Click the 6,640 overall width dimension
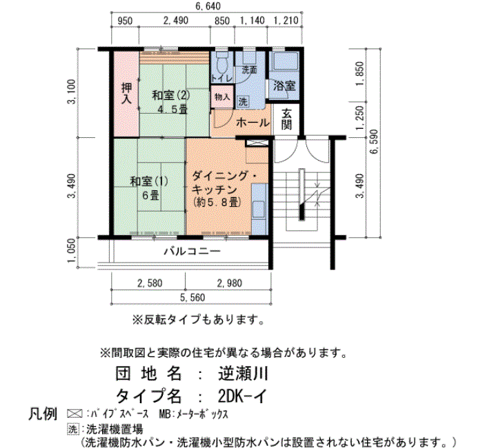coord(208,6)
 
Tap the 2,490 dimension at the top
coord(175,21)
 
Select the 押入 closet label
coord(126,94)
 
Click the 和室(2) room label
coord(171,95)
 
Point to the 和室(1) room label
coord(149,181)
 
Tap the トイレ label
coord(221,78)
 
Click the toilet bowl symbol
coord(221,63)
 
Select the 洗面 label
coord(249,70)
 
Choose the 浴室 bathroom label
coord(284,86)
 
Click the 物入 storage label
coord(222,97)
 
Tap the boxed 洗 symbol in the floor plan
coord(243,101)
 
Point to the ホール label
coord(253,123)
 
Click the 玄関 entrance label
coord(286,119)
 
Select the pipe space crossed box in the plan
coord(256,143)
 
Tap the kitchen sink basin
coord(259,210)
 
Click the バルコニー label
coord(193,252)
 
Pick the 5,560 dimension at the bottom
coord(193,298)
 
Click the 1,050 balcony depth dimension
coord(71,251)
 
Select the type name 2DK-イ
coord(241,396)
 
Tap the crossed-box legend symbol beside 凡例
coord(75,414)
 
